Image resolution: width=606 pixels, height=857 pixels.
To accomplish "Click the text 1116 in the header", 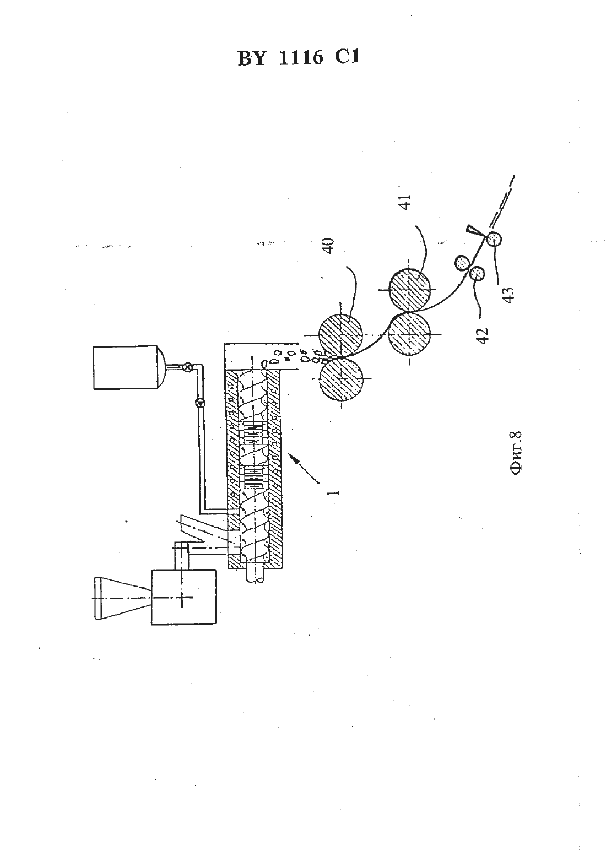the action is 301,59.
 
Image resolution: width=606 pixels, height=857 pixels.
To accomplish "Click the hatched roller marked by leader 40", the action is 340,335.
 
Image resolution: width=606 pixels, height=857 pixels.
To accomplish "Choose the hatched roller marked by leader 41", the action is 410,290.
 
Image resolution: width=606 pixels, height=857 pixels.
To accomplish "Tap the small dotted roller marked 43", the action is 494,240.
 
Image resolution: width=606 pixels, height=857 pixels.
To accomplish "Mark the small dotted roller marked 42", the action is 477,273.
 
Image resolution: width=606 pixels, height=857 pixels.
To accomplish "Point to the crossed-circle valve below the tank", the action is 187,366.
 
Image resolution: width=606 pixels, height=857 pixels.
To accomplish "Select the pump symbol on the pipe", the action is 200,403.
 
